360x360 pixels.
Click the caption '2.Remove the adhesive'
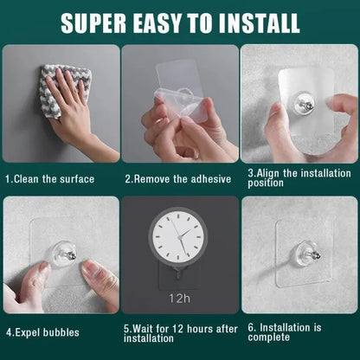click(177, 179)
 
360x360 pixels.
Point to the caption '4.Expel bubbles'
click(43, 331)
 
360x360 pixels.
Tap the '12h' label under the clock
click(179, 298)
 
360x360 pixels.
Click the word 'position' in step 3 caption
click(266, 183)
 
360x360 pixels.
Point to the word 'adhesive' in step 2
click(209, 179)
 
